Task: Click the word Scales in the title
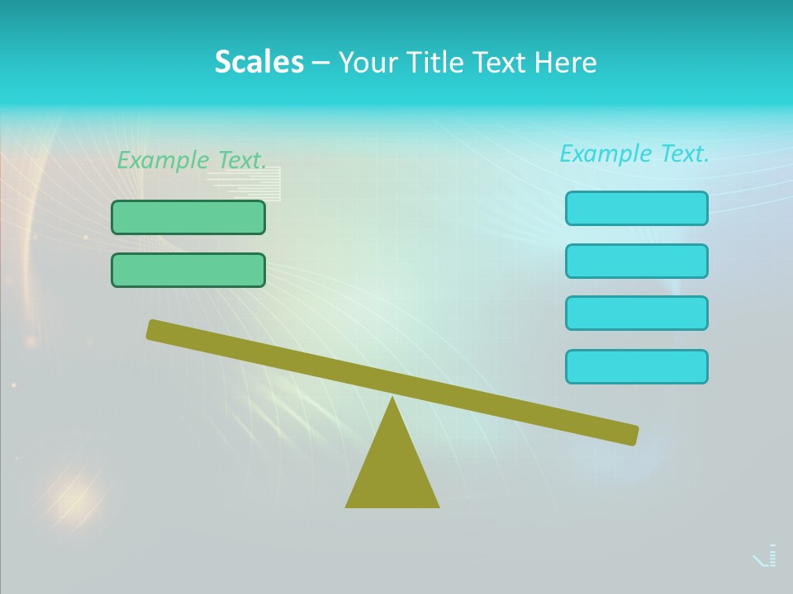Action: [259, 62]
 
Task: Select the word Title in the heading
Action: [439, 63]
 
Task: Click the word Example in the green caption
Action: [164, 161]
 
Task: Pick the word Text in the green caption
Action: [242, 161]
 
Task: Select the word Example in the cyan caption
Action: [606, 153]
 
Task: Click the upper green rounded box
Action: [188, 217]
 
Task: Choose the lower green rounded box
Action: [188, 270]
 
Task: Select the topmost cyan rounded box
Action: [637, 208]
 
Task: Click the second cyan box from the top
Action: [637, 261]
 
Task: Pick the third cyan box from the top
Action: [637, 313]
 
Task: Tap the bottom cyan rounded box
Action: [637, 366]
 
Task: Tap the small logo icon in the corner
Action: [766, 556]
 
